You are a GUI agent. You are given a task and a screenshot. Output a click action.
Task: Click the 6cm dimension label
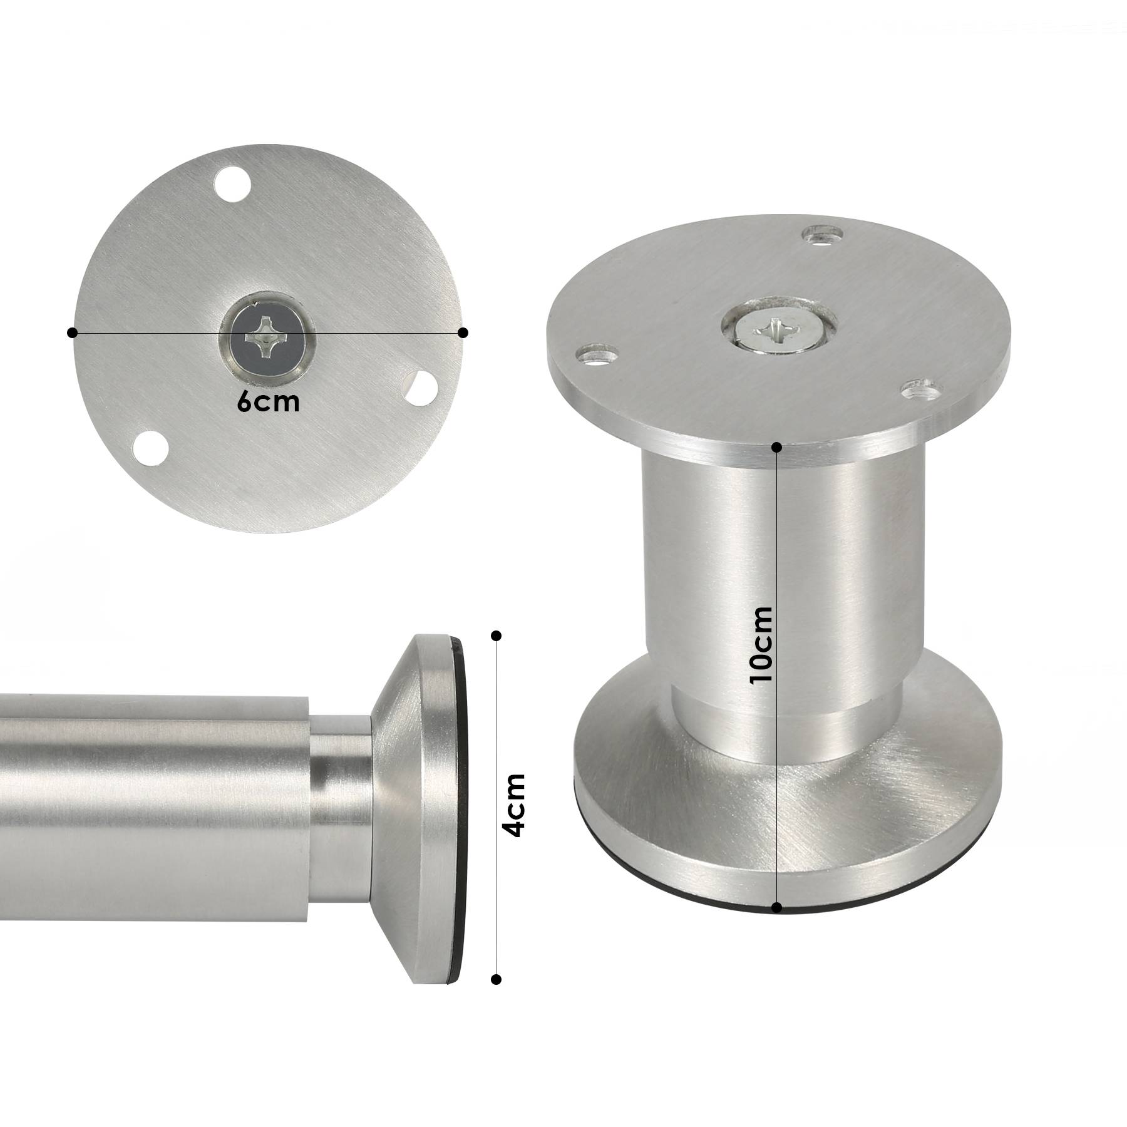(x=269, y=402)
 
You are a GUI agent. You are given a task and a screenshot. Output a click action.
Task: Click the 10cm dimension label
(x=762, y=646)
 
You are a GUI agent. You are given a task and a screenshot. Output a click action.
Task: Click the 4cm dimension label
(x=515, y=805)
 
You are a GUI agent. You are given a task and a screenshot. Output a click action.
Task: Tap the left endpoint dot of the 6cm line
(x=73, y=332)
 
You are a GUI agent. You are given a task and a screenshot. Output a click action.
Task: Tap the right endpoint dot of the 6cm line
(x=463, y=332)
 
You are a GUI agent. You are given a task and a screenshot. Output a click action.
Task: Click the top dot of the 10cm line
(x=777, y=447)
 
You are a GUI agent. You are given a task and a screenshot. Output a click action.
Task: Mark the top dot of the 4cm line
(x=497, y=636)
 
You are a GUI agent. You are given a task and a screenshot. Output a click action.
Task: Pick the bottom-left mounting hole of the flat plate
(x=150, y=448)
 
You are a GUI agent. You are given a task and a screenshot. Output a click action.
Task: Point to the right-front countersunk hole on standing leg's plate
(x=921, y=391)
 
